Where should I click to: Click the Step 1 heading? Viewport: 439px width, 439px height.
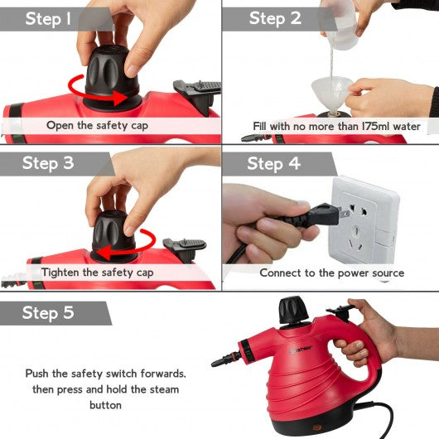pos(48,19)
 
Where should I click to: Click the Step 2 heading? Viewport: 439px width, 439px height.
pos(275,19)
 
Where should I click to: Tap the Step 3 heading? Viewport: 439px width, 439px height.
pos(48,163)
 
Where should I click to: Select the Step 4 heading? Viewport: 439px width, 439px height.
pos(273,164)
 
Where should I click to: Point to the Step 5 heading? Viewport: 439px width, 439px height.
pos(48,313)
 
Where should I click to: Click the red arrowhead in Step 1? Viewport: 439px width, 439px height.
pos(120,98)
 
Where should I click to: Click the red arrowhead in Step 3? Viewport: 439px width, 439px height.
pos(105,253)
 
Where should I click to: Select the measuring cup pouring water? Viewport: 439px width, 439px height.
pos(340,24)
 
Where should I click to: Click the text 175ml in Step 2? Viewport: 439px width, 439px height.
pos(375,126)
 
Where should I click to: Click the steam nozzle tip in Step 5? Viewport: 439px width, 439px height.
pos(214,364)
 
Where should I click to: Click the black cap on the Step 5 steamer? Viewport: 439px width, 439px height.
pos(293,311)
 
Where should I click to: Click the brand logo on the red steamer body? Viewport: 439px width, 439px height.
pos(301,349)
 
